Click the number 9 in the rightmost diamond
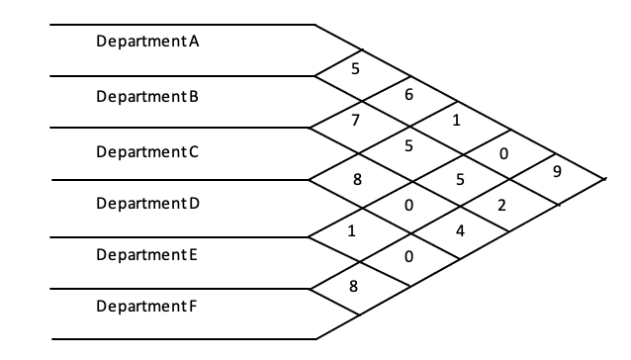point(558,171)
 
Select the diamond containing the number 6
point(407,95)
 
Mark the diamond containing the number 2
point(502,206)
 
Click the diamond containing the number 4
point(459,231)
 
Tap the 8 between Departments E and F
point(354,286)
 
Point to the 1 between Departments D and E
point(353,232)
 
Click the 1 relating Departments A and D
point(457,122)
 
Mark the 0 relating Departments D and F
point(407,257)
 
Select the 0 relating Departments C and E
point(407,206)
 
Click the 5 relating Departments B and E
point(459,179)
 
